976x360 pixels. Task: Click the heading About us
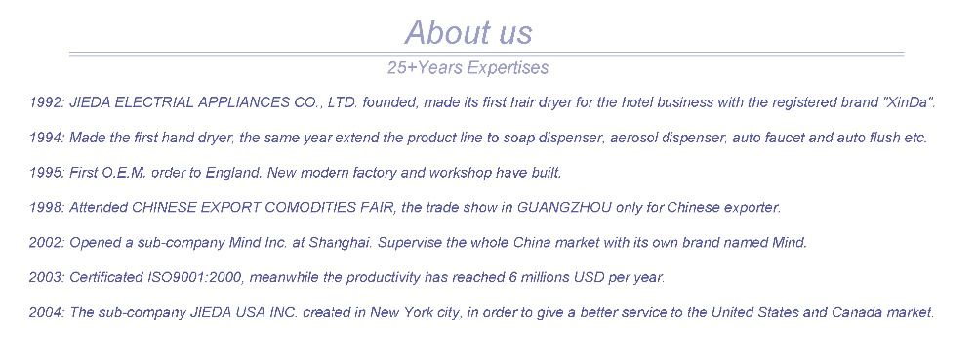click(x=468, y=32)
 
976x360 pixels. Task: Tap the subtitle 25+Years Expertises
click(x=468, y=68)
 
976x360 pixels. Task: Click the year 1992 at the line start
click(x=46, y=102)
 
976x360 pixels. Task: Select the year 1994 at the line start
click(x=46, y=138)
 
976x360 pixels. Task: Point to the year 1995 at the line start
click(x=46, y=173)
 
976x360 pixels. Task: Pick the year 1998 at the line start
click(x=46, y=208)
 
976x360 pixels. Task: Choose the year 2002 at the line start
click(x=46, y=243)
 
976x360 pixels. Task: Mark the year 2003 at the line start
click(x=46, y=278)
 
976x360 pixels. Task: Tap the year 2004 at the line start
click(x=46, y=313)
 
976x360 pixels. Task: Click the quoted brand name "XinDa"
click(x=909, y=102)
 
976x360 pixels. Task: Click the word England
click(x=233, y=173)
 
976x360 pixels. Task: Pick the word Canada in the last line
click(x=856, y=313)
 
